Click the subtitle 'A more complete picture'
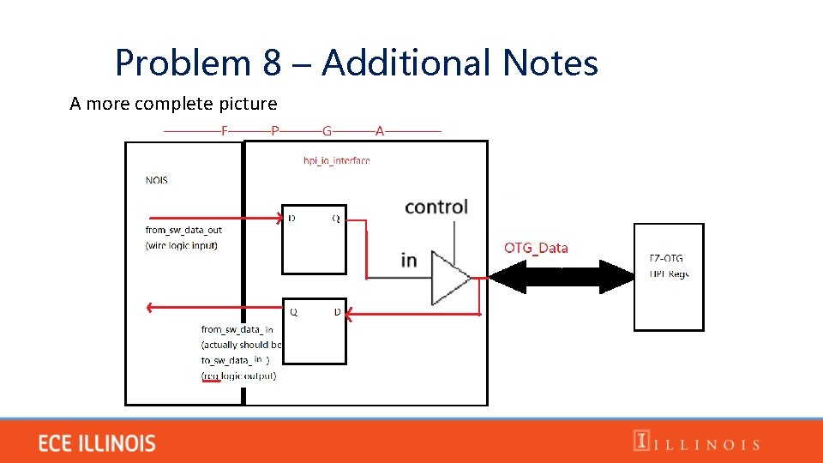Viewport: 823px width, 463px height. point(173,104)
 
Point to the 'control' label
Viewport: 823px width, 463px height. point(436,207)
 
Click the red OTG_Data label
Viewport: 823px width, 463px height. point(536,248)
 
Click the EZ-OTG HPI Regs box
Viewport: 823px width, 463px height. point(669,277)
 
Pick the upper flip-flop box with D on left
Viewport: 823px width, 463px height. point(314,240)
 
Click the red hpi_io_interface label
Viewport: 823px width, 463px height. point(337,160)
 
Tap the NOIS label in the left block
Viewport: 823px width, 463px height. point(157,180)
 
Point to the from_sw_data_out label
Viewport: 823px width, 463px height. point(183,230)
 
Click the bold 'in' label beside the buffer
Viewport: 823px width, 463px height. point(409,260)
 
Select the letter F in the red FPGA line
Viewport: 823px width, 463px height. point(225,131)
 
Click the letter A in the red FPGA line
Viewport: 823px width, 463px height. point(379,131)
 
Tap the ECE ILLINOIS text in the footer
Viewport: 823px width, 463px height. point(97,443)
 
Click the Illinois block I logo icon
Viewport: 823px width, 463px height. point(640,442)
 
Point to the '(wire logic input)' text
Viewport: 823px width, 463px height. point(182,245)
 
